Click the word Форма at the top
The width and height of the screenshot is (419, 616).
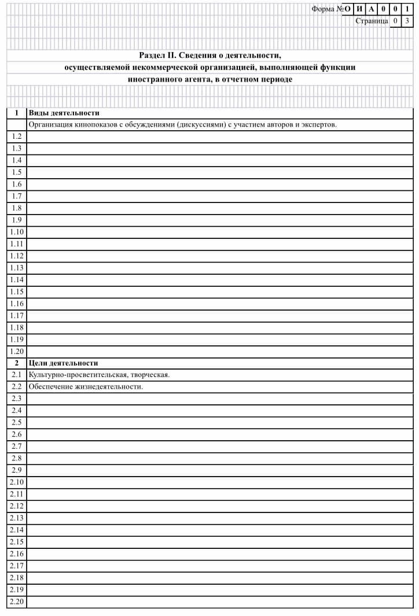click(x=323, y=9)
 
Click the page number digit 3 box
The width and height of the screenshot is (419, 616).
click(x=407, y=21)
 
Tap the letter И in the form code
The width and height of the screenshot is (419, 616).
click(x=359, y=9)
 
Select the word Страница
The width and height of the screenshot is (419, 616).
click(x=372, y=21)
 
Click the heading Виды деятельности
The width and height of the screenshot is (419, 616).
click(x=64, y=113)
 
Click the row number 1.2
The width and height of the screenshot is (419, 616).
click(x=16, y=137)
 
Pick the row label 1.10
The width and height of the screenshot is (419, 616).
click(x=16, y=232)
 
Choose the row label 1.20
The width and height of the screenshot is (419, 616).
click(x=16, y=351)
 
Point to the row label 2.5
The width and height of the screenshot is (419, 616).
click(x=16, y=423)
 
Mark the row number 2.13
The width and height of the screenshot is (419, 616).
click(x=16, y=518)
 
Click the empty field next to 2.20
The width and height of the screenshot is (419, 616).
click(x=220, y=602)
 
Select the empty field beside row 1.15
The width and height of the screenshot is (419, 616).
click(x=220, y=292)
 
